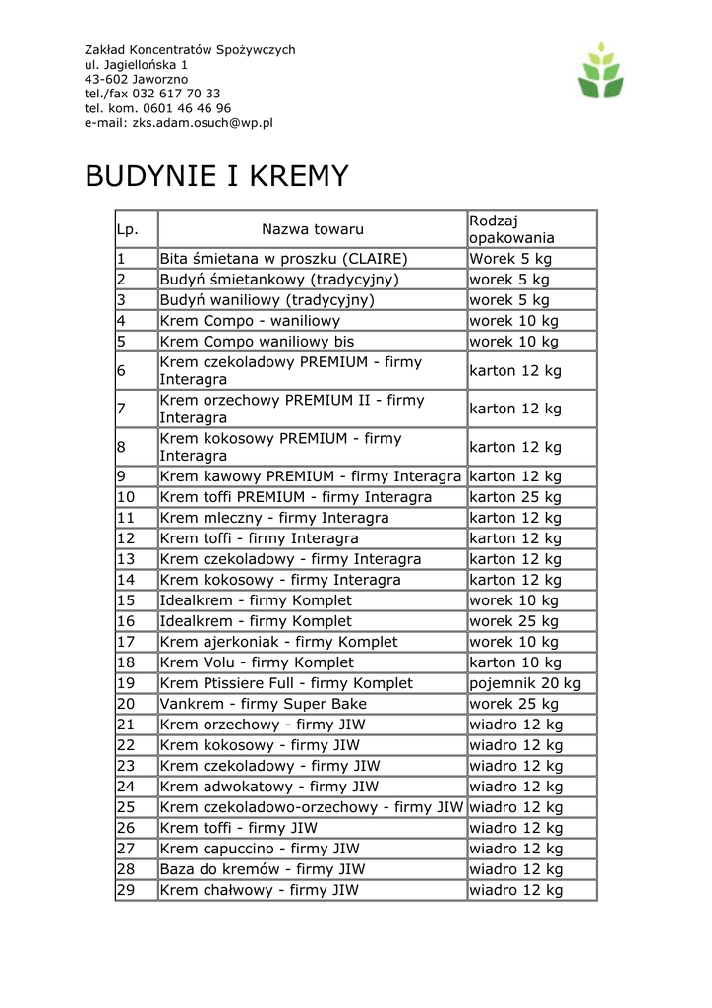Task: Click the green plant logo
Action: point(601,70)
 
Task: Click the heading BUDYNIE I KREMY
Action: point(216,176)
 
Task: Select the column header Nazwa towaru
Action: point(312,229)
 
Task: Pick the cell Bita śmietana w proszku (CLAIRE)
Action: point(283,259)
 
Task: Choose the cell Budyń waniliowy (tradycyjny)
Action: point(267,300)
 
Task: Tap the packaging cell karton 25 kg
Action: point(515,497)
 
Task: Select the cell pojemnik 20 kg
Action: point(525,683)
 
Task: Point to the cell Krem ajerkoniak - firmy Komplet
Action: point(279,642)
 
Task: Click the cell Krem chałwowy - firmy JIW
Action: point(260,890)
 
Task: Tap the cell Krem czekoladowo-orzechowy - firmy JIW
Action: point(311,807)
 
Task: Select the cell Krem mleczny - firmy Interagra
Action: point(274,518)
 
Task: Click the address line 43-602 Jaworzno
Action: point(136,79)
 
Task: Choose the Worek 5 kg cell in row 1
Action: point(510,259)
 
